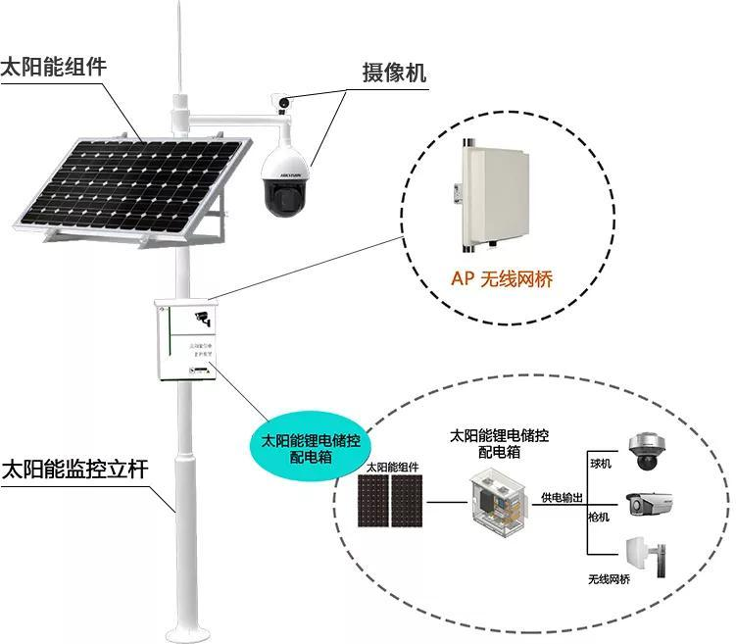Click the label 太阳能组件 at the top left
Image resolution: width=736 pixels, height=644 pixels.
(53, 68)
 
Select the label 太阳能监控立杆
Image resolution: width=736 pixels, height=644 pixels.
(74, 469)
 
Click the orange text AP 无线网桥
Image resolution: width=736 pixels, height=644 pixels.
(502, 279)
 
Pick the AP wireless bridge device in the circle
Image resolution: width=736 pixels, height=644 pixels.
(496, 192)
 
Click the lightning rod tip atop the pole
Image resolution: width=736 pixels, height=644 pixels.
(179, 12)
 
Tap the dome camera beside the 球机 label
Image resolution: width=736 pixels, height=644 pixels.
(647, 452)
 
